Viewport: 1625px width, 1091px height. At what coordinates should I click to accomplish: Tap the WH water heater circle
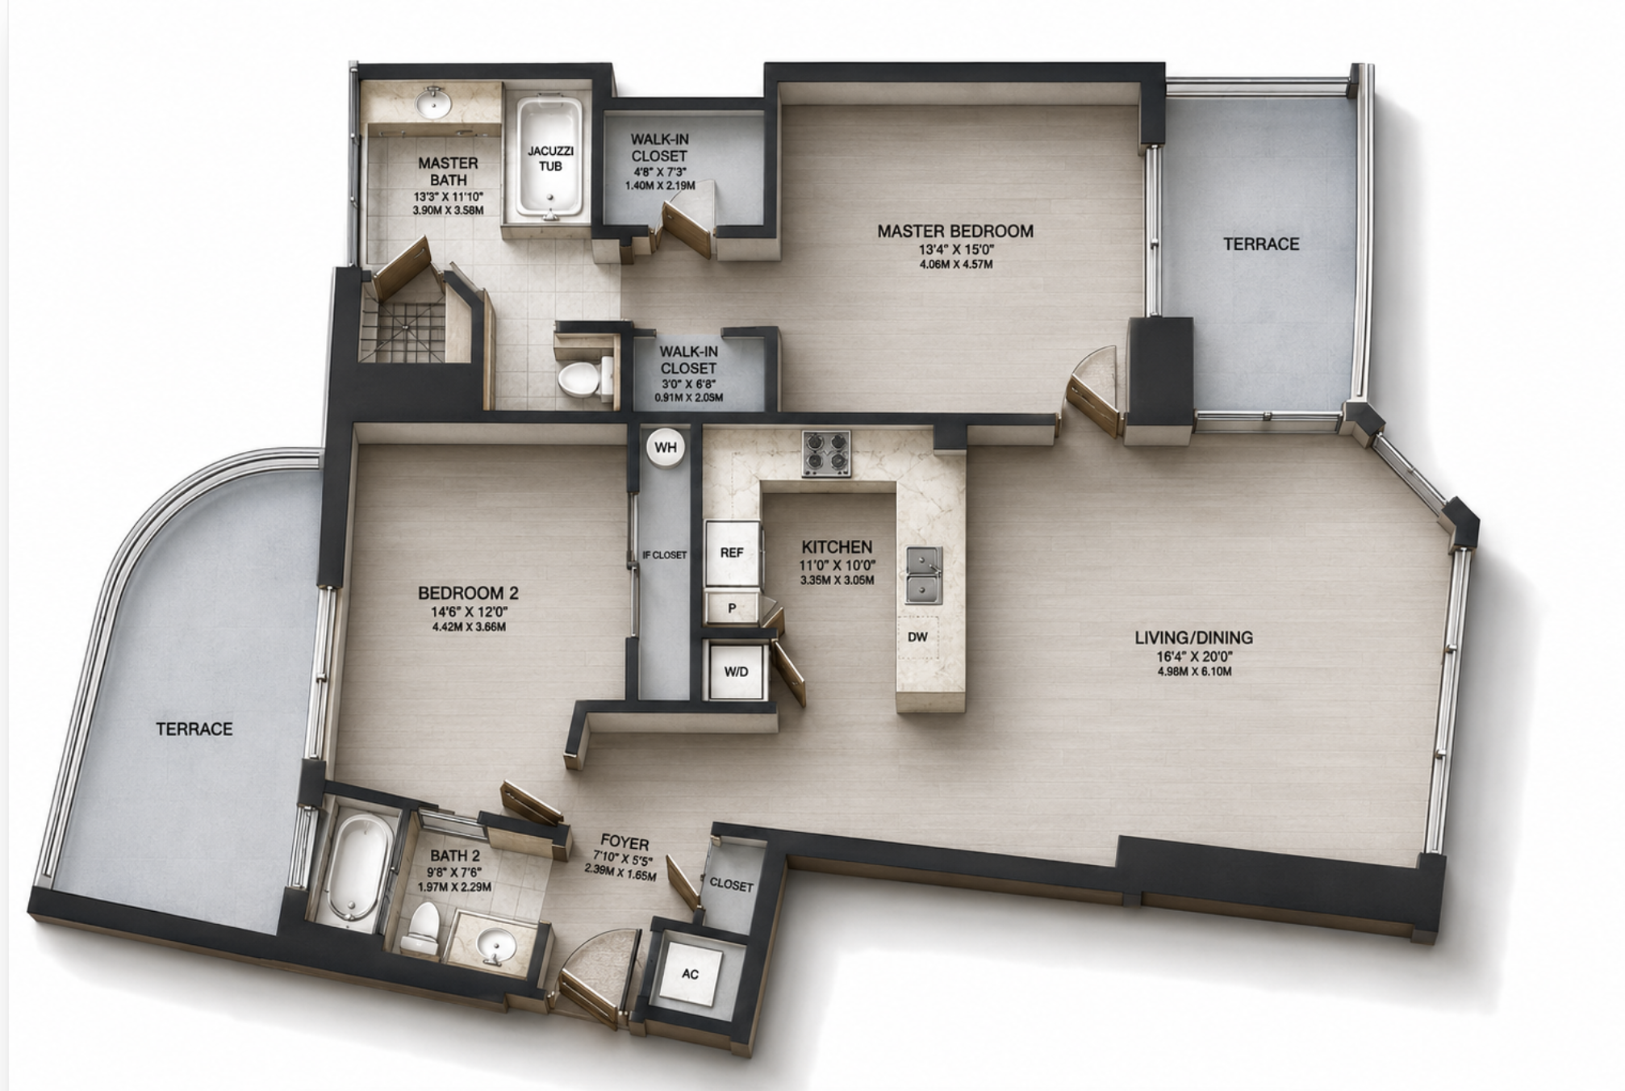(x=665, y=447)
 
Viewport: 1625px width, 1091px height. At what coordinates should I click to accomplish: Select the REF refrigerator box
(x=733, y=553)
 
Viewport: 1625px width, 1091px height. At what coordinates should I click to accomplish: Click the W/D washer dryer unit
(x=736, y=671)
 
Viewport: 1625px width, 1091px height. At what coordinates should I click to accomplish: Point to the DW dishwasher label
(x=917, y=637)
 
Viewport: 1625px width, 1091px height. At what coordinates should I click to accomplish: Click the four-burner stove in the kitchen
(x=826, y=453)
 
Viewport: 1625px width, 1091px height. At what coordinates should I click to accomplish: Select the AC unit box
(x=689, y=973)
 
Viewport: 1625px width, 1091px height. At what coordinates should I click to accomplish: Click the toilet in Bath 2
(x=421, y=928)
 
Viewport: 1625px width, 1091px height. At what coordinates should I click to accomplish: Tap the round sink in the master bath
(x=436, y=102)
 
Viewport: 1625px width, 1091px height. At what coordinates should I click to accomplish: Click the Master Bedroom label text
(x=955, y=232)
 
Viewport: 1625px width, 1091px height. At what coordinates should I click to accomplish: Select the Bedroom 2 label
(x=468, y=593)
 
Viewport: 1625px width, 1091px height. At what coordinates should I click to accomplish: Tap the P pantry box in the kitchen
(x=732, y=608)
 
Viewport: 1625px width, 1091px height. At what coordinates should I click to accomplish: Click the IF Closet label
(x=664, y=555)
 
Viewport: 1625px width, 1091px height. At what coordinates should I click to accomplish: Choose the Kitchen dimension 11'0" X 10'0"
(x=837, y=566)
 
